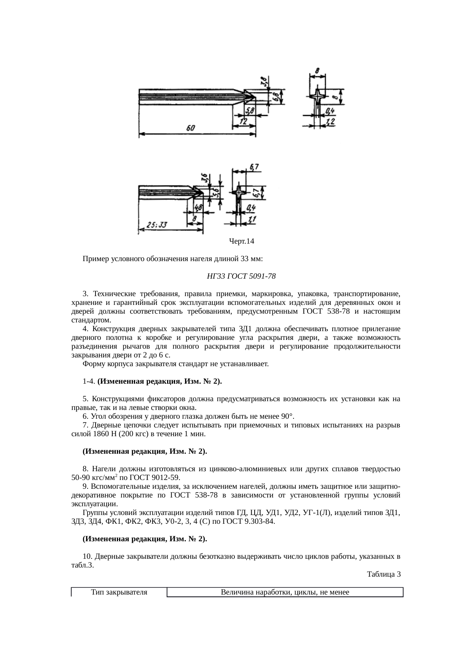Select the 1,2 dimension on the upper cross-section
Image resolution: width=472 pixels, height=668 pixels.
click(x=330, y=121)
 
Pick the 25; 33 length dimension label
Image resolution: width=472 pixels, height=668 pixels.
click(x=157, y=225)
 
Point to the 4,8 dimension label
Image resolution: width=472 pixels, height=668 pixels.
click(x=198, y=208)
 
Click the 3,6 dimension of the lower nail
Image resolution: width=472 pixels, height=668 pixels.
click(x=204, y=178)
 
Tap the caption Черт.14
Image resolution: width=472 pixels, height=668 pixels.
click(x=241, y=241)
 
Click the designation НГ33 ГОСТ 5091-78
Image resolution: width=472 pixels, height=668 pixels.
click(x=241, y=276)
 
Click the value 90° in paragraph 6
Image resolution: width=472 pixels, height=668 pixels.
click(x=287, y=416)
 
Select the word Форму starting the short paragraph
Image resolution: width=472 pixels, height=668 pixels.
click(x=92, y=364)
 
